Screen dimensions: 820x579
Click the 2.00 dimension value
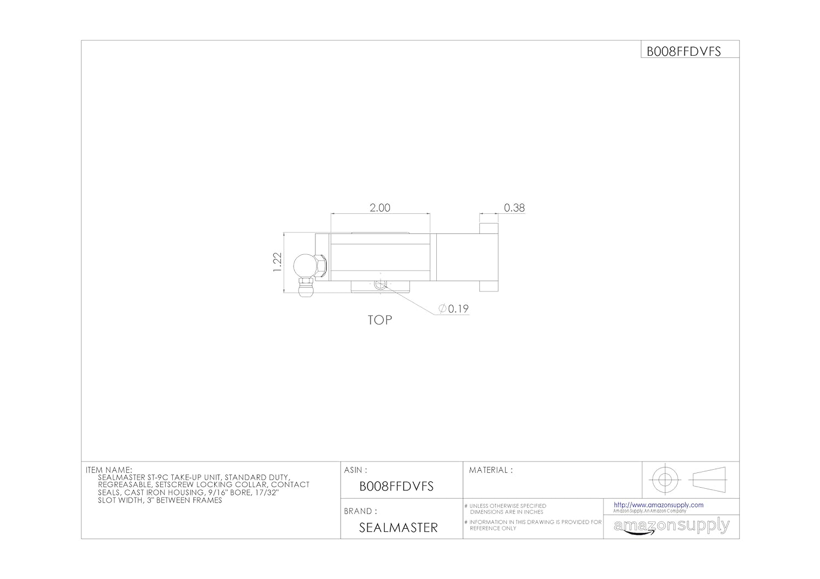coord(379,208)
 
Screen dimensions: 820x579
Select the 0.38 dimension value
coord(514,208)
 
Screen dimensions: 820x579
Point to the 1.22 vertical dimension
coord(278,262)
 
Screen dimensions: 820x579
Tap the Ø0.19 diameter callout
coord(454,309)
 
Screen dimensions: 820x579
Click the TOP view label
coord(379,320)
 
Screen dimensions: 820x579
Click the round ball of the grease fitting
coord(302,266)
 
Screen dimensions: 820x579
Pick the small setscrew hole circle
coord(380,284)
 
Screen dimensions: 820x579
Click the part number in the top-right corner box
coord(683,51)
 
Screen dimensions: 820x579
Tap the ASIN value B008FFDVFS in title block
coord(396,486)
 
